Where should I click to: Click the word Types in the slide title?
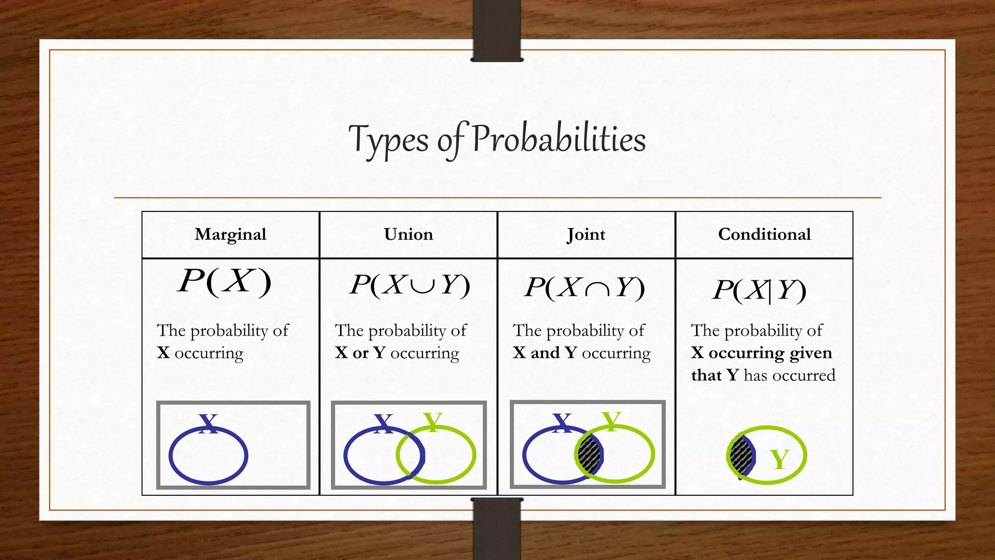point(388,140)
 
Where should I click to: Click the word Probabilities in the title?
point(559,139)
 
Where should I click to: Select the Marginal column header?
point(230,234)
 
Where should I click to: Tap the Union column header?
point(408,234)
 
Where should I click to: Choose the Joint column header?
point(586,235)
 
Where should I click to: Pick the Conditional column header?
point(764,234)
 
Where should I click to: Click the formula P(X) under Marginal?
point(224,281)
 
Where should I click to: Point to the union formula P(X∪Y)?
point(410,285)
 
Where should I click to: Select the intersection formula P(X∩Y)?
point(585,287)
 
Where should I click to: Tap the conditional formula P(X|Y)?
point(759,291)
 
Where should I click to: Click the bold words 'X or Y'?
point(360,353)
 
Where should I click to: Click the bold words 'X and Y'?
point(545,353)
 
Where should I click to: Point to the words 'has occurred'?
point(789,375)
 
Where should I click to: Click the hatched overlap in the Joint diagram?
point(589,455)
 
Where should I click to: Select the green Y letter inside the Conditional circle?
point(780,459)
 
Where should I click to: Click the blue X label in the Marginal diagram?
point(208,423)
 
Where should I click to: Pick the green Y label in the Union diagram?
point(432,421)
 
